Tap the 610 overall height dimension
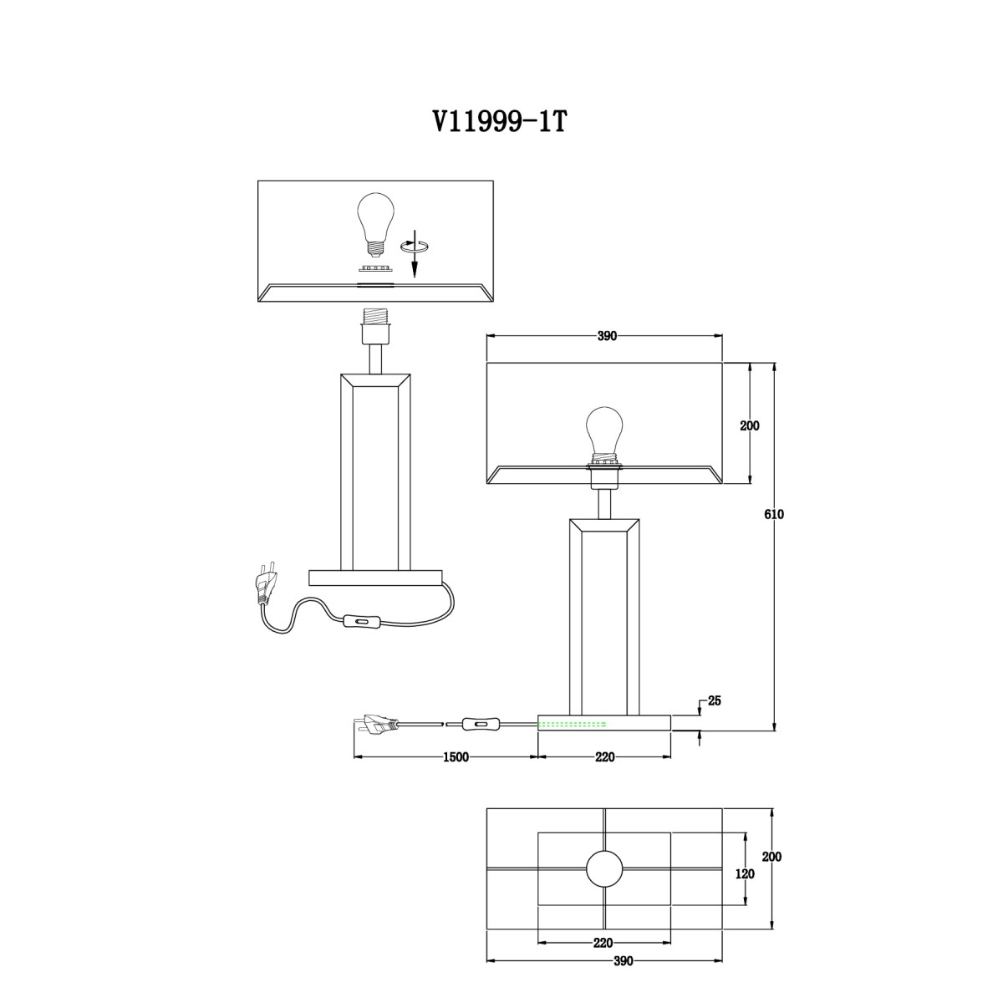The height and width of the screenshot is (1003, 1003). point(774,514)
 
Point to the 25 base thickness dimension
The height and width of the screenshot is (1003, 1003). point(715,700)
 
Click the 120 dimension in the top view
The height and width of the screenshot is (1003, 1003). point(745,874)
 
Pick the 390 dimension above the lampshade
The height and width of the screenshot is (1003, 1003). point(607,336)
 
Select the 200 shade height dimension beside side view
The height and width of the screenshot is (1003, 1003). point(750,425)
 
